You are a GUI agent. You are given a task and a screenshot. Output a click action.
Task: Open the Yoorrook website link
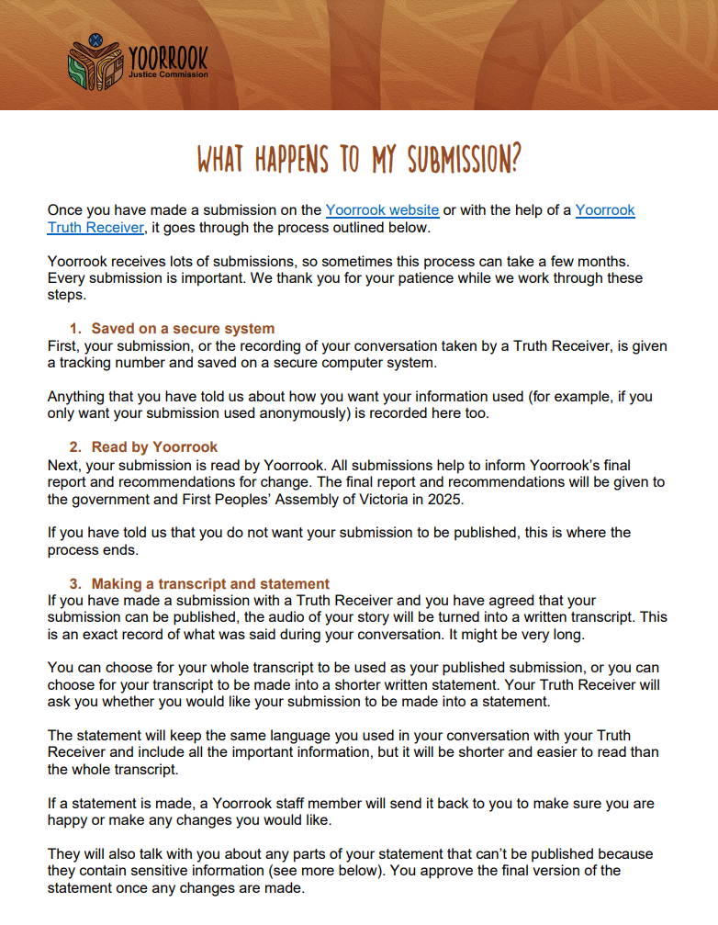382,210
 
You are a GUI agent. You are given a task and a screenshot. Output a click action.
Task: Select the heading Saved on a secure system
183,328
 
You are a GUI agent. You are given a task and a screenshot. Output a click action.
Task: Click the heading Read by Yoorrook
154,446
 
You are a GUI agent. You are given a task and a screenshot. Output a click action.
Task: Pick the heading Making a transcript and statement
210,583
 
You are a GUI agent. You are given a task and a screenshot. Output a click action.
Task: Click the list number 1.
74,328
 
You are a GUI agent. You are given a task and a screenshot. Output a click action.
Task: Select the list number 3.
74,583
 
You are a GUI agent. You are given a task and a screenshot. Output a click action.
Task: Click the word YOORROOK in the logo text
169,59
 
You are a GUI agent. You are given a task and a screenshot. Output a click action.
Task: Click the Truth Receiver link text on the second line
95,227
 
